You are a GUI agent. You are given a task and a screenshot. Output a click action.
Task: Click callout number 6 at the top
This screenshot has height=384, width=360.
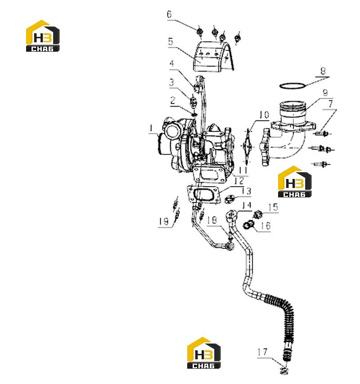[169, 14]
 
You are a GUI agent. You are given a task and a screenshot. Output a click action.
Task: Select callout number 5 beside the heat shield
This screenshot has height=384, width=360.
[171, 41]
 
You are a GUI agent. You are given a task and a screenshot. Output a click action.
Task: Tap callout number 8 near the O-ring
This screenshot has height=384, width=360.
[323, 71]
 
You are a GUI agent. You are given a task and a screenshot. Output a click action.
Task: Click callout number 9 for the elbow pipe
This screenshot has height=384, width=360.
[325, 93]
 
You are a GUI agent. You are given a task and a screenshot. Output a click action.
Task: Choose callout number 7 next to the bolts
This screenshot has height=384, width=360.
[331, 104]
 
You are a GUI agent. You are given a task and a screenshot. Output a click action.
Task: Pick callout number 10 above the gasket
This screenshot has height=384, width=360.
[264, 115]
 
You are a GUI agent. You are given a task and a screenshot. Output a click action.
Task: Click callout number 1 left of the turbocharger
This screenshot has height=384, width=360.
[152, 128]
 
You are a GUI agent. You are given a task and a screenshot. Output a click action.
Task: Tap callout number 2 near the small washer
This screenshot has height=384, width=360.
[173, 100]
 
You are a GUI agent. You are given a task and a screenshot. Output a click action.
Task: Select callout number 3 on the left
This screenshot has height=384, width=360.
[171, 82]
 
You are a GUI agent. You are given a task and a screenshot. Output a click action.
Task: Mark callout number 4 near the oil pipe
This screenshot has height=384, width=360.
[172, 63]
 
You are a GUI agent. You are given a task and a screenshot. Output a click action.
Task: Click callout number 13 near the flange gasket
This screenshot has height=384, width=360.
[246, 191]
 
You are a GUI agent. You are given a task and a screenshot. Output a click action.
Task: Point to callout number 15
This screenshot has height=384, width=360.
[273, 207]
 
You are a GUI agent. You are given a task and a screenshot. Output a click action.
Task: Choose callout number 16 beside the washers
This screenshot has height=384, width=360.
[265, 226]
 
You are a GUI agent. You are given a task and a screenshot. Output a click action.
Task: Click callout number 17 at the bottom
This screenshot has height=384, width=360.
[262, 352]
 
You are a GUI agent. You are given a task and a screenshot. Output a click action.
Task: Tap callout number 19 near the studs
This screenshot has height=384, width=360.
[164, 221]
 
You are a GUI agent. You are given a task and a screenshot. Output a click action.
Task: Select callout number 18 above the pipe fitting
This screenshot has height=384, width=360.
[212, 220]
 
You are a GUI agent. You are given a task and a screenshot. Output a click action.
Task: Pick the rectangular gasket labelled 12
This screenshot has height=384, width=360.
[203, 195]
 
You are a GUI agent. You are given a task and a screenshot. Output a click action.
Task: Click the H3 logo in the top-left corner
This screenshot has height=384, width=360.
[43, 36]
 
